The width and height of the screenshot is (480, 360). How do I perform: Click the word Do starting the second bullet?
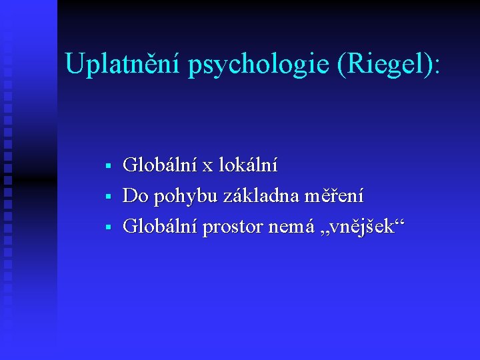[135, 196]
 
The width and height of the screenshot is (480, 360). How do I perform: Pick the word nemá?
[288, 227]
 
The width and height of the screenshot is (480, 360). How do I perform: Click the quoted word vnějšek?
[357, 227]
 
